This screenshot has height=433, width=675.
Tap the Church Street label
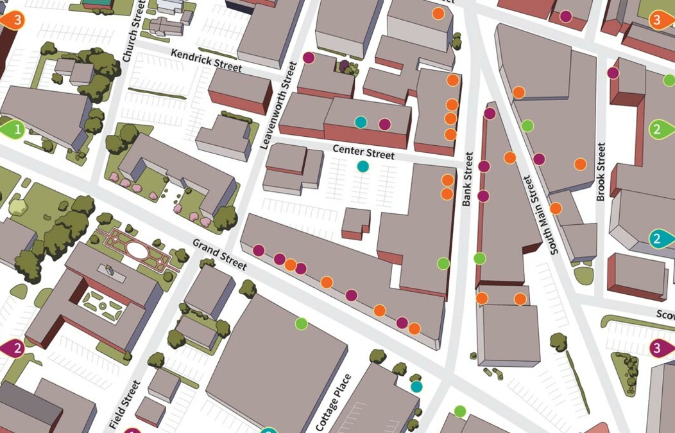pyautogui.click(x=131, y=39)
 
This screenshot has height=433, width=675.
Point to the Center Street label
pyautogui.click(x=363, y=152)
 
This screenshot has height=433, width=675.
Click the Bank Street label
pyautogui.click(x=467, y=179)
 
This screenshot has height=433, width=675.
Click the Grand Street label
pyautogui.click(x=219, y=254)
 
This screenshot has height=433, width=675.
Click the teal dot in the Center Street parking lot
pyautogui.click(x=363, y=166)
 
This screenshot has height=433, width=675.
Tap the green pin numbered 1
pyautogui.click(x=14, y=129)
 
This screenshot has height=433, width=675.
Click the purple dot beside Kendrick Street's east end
pyautogui.click(x=309, y=58)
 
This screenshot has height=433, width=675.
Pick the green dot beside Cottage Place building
pyautogui.click(x=301, y=324)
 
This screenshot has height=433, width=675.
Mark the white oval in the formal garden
pyautogui.click(x=135, y=249)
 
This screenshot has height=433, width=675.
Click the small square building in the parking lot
pyautogui.click(x=355, y=222)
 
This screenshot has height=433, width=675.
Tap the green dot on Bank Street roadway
pyautogui.click(x=479, y=258)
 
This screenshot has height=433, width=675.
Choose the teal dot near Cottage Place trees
pyautogui.click(x=416, y=386)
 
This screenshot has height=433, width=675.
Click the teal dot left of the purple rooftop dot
pyautogui.click(x=361, y=121)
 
